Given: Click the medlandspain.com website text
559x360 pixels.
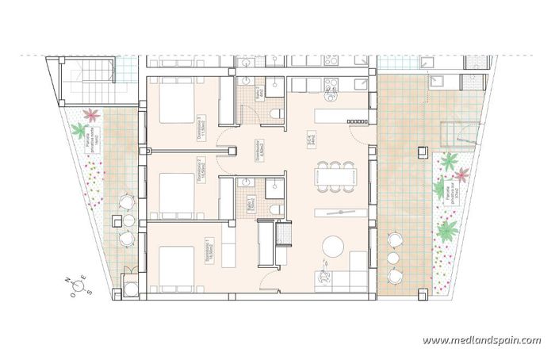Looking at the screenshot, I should (x=481, y=340).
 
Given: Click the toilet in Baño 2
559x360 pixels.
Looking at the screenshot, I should (x=275, y=115).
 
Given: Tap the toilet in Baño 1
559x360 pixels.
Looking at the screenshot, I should (x=275, y=208).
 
